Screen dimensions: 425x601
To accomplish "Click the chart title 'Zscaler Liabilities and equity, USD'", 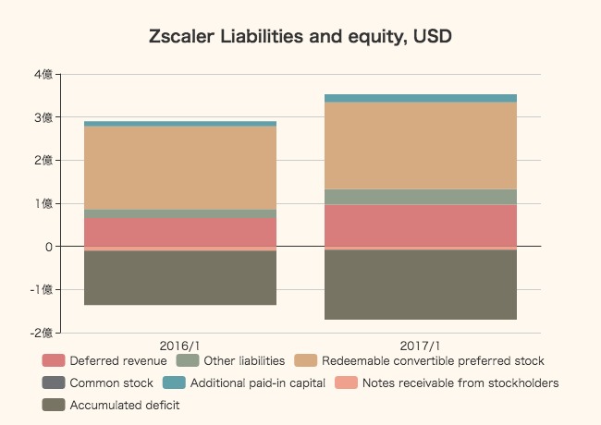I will (x=300, y=37).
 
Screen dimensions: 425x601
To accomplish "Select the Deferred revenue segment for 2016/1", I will (x=180, y=232).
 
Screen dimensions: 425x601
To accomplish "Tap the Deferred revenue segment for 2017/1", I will (x=421, y=225).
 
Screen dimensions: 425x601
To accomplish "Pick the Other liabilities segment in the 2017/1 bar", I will (x=421, y=197).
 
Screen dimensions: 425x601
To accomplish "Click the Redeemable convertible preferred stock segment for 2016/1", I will (x=180, y=167).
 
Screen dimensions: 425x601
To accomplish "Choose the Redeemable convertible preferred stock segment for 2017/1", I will (x=421, y=145).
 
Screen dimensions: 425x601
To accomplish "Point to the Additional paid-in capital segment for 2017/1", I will (x=421, y=98).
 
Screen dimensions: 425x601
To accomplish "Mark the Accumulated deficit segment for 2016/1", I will (x=180, y=278).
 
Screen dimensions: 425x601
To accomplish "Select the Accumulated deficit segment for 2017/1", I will (x=421, y=285).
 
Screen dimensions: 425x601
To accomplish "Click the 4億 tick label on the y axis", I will (x=42, y=74).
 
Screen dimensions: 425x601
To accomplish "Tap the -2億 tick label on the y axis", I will (x=40, y=333).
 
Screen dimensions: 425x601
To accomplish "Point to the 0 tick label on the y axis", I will (x=48, y=247).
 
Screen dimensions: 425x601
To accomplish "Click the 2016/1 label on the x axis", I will (x=180, y=345).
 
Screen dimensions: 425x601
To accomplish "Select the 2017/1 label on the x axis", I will (x=421, y=345).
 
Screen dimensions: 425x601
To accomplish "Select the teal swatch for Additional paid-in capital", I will (x=175, y=382).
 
